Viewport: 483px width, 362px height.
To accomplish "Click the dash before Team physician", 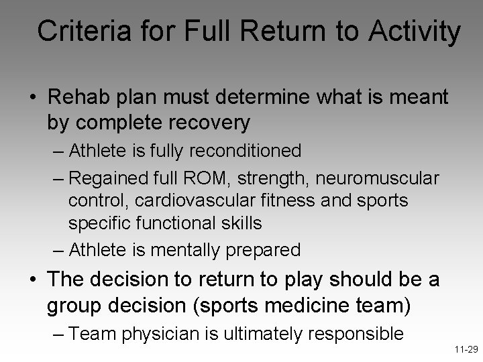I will tap(58, 333).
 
